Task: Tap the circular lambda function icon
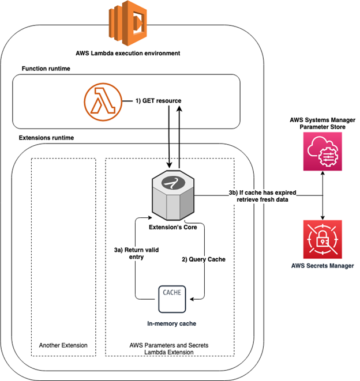tap(99, 100)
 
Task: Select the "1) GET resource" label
tap(159, 101)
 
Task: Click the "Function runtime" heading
tap(48, 69)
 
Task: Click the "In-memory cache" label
tap(171, 325)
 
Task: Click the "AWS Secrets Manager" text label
tap(322, 267)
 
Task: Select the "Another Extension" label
tap(63, 345)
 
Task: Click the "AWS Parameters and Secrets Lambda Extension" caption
tap(171, 349)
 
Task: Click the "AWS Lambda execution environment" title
tap(128, 53)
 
